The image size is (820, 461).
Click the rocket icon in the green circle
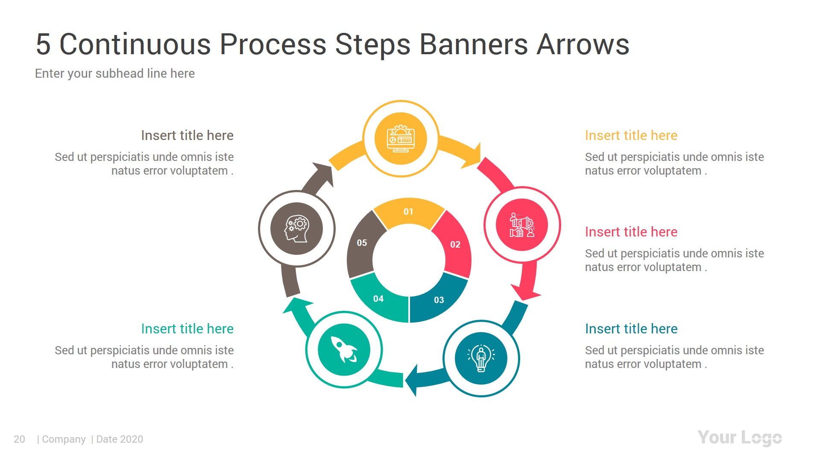pos(344,350)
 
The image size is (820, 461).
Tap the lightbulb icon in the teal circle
pos(481,358)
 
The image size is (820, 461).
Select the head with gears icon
pos(296,229)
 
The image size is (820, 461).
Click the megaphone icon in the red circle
pos(521,225)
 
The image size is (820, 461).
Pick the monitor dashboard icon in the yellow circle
pos(401,138)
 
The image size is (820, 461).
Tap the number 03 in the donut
pos(439,300)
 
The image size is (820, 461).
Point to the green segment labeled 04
pos(378,299)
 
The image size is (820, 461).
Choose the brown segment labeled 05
pos(362,243)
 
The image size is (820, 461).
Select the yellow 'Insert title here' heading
pos(631,136)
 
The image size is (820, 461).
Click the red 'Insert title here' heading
pos(631,232)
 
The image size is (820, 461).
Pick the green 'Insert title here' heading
pos(187,329)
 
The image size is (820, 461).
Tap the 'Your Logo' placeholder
pos(739,438)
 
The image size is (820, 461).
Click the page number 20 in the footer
pos(19,439)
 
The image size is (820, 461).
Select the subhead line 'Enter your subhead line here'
pos(114,73)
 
